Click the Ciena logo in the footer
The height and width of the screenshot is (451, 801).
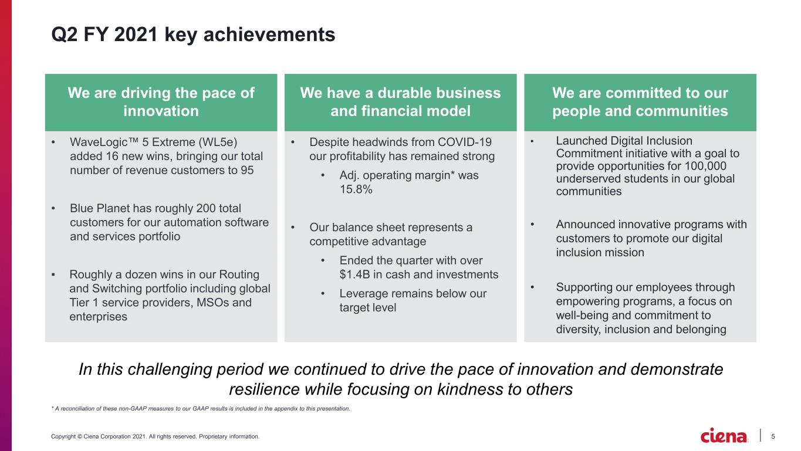click(x=724, y=435)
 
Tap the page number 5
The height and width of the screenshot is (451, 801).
click(x=773, y=436)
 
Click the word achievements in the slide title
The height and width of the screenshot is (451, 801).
click(x=269, y=35)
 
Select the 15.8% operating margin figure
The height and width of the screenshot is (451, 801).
click(x=356, y=189)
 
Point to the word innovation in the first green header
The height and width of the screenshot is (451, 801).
click(x=161, y=111)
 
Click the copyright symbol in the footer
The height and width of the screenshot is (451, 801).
click(x=80, y=436)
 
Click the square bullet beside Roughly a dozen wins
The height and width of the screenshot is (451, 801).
click(x=53, y=274)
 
